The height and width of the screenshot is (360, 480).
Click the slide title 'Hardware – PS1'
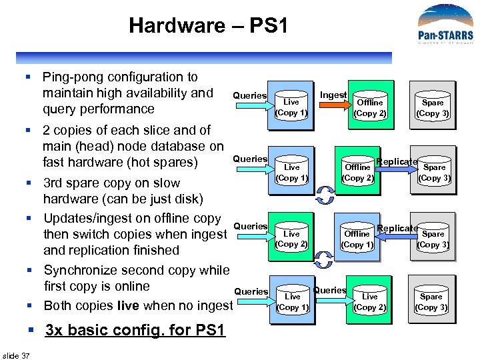(209, 26)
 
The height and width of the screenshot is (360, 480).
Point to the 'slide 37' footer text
(16, 355)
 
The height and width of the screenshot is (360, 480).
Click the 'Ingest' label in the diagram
(333, 95)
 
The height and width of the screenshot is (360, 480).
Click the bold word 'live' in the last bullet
(128, 306)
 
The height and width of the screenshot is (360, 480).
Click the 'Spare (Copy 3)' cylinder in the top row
(432, 107)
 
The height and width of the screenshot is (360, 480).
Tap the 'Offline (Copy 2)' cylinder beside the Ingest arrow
(369, 107)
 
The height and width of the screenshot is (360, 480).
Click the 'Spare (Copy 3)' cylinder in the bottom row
(431, 301)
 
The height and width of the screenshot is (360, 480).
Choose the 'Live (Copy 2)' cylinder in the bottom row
(369, 301)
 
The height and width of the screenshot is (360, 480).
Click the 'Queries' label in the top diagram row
(249, 95)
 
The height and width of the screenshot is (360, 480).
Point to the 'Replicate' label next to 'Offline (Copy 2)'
(397, 161)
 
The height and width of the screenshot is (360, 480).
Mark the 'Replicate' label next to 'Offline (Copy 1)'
(397, 228)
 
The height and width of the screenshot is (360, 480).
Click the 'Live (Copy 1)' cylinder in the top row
(291, 107)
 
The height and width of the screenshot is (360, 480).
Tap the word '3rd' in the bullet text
(55, 183)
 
